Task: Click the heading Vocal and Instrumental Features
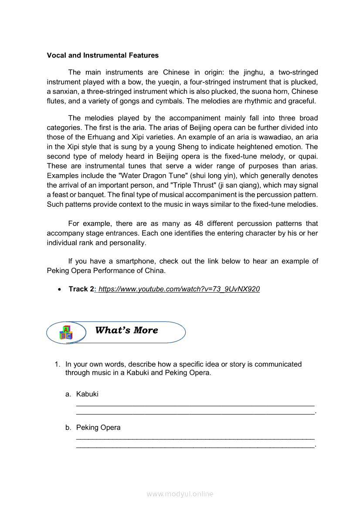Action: coord(102,55)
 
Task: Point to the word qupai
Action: coord(307,156)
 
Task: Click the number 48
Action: coord(199,223)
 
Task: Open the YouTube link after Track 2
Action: coord(179,289)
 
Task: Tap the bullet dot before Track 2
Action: coord(59,290)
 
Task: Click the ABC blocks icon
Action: coord(66,333)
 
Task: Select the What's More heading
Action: coord(126,330)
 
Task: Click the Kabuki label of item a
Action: coord(87,394)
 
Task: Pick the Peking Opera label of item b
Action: coord(98,428)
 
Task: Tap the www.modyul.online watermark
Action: coord(180,494)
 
